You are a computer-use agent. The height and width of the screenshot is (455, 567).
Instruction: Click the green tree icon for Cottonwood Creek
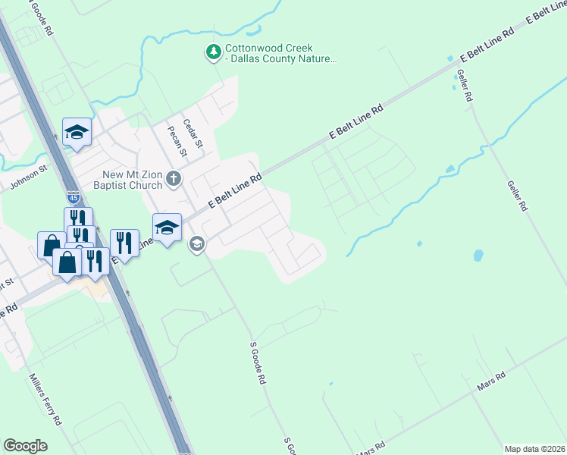[214, 52]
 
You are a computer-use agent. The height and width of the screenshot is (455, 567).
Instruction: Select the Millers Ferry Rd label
[45, 398]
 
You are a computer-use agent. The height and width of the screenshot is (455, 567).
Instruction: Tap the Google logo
[25, 446]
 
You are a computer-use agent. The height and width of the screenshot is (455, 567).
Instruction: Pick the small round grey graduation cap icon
[197, 243]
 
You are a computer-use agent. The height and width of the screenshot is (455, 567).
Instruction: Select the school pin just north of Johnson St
[77, 132]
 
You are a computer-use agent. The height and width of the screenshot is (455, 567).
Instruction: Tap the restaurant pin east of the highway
[124, 243]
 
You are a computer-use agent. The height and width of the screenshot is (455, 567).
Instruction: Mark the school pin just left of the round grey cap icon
[167, 227]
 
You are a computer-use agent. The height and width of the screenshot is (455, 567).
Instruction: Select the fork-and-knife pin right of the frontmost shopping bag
[94, 262]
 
